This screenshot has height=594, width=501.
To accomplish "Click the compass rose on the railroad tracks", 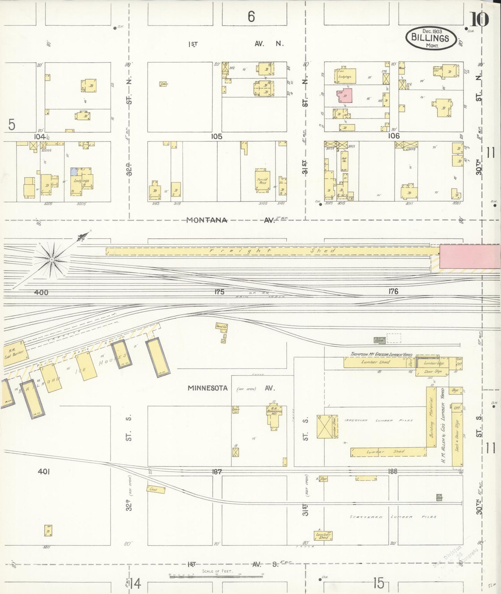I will pyautogui.click(x=52, y=259).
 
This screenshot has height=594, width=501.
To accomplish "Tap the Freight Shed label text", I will pyautogui.click(x=272, y=251).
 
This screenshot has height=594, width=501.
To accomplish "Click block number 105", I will pyautogui.click(x=217, y=137).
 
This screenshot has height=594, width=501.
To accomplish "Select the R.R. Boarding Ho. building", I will pyautogui.click(x=274, y=415).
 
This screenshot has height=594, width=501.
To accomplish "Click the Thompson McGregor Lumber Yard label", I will pyautogui.click(x=381, y=354).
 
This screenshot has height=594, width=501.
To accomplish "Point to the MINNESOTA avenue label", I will pyautogui.click(x=208, y=388).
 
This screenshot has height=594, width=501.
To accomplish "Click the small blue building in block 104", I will pyautogui.click(x=74, y=172).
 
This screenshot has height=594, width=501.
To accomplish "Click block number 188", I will pyautogui.click(x=393, y=471).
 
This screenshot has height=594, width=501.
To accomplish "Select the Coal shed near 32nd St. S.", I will pyautogui.click(x=156, y=489).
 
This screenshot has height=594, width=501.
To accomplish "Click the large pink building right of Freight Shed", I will pyautogui.click(x=470, y=256).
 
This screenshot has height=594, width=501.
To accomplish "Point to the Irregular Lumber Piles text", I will pyautogui.click(x=378, y=420).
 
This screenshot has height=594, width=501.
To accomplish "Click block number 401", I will pyautogui.click(x=44, y=471).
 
